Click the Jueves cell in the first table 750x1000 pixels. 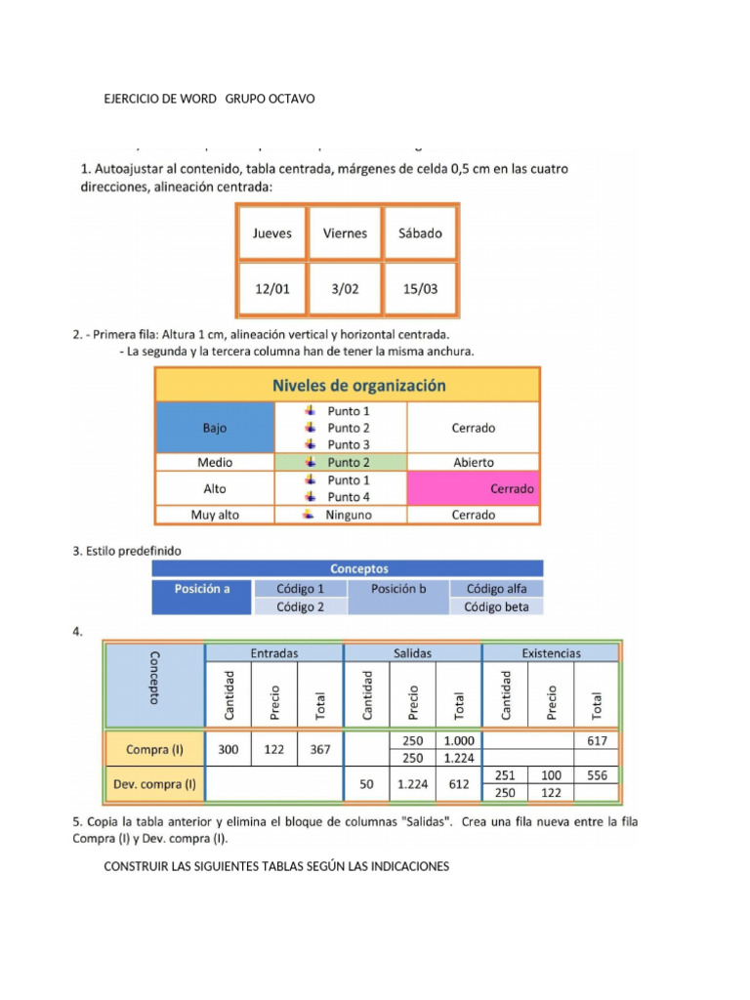(271, 233)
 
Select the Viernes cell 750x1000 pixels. (345, 233)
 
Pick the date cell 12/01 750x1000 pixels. (271, 289)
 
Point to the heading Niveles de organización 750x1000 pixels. (358, 385)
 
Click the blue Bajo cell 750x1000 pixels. (215, 428)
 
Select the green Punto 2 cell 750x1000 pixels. (341, 463)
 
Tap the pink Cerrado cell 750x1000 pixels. (474, 488)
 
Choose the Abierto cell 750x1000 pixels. (474, 463)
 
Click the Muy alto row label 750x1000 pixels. (215, 515)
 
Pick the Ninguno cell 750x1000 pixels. (341, 515)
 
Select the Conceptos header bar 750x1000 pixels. (358, 568)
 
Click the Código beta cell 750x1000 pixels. (496, 606)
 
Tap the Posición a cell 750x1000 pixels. (202, 589)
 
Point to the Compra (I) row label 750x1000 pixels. (154, 750)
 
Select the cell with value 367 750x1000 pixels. (320, 750)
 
